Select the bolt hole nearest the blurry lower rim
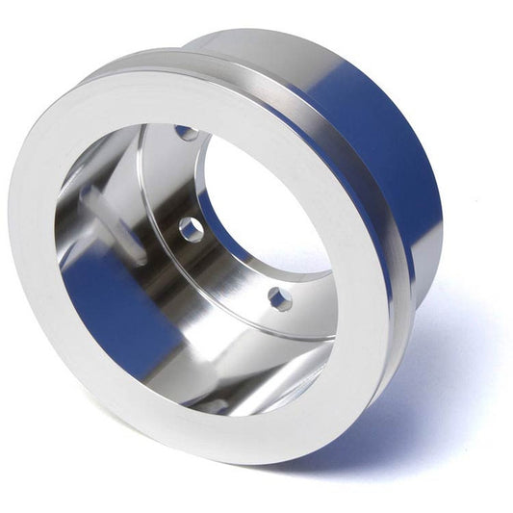coord(280,299)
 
